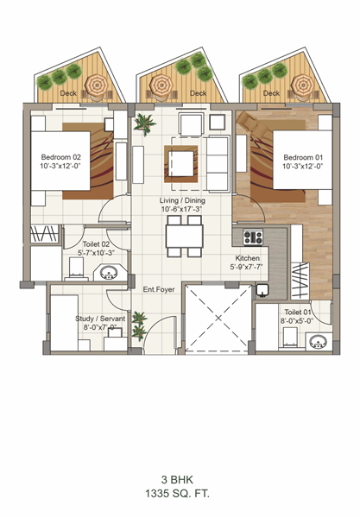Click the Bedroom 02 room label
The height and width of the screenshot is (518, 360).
[x=60, y=157]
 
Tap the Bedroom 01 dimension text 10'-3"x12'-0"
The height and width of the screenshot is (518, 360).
[x=302, y=166]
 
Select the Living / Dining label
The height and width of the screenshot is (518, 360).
[x=182, y=200]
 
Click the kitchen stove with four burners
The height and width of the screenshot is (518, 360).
[x=253, y=237]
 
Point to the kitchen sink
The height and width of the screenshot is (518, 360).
[x=262, y=290]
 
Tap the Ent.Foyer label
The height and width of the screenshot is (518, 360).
[x=159, y=289]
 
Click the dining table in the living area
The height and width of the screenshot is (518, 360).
[x=184, y=236]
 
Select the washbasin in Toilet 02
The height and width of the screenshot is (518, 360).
[x=109, y=273]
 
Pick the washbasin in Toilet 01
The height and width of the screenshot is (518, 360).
[x=319, y=342]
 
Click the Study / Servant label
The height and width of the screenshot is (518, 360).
[x=100, y=319]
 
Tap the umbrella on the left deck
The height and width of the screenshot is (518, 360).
[x=97, y=85]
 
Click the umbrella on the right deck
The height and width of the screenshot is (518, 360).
[x=304, y=85]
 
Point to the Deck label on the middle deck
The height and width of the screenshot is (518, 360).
[x=199, y=93]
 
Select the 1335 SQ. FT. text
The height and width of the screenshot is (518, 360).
[x=178, y=494]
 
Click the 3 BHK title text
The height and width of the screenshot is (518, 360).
[x=177, y=479]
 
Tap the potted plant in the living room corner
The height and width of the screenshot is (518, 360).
[x=145, y=123]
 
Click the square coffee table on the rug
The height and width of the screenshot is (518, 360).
[x=181, y=163]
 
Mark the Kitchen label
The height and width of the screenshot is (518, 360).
[x=248, y=258]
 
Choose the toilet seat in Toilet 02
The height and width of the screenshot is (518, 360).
[x=76, y=268]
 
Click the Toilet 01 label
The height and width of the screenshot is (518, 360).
[x=298, y=313]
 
